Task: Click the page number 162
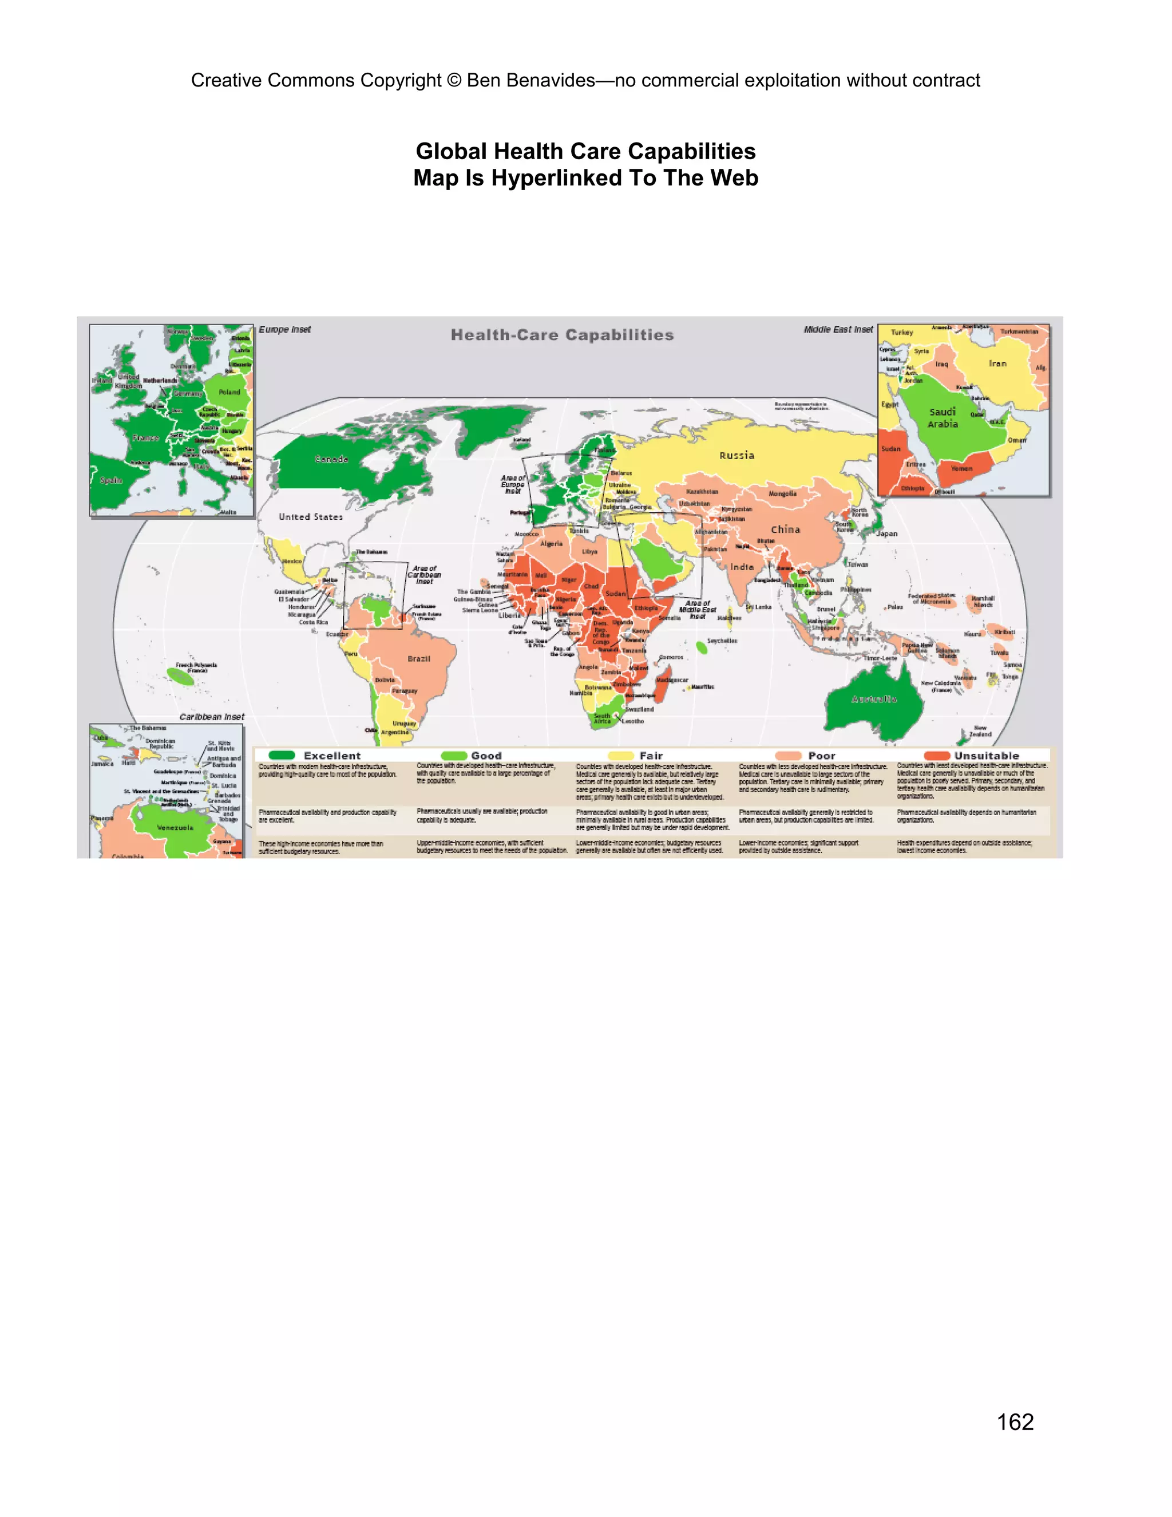(x=1015, y=1422)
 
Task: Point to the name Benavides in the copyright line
(x=551, y=81)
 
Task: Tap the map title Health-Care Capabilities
(x=563, y=335)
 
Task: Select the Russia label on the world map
(x=737, y=456)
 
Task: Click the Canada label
(x=332, y=459)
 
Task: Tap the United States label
(x=311, y=517)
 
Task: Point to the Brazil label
(x=419, y=658)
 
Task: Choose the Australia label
(x=874, y=699)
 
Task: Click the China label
(x=785, y=530)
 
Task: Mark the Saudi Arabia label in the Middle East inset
(x=942, y=417)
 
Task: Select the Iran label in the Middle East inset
(x=997, y=364)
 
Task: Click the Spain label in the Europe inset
(x=111, y=480)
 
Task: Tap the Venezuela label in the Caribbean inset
(x=175, y=827)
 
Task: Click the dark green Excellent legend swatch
(x=282, y=755)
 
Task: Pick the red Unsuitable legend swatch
(x=937, y=755)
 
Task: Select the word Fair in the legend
(x=651, y=756)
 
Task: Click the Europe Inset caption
(x=284, y=329)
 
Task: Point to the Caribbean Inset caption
(x=212, y=717)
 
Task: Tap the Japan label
(x=886, y=534)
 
